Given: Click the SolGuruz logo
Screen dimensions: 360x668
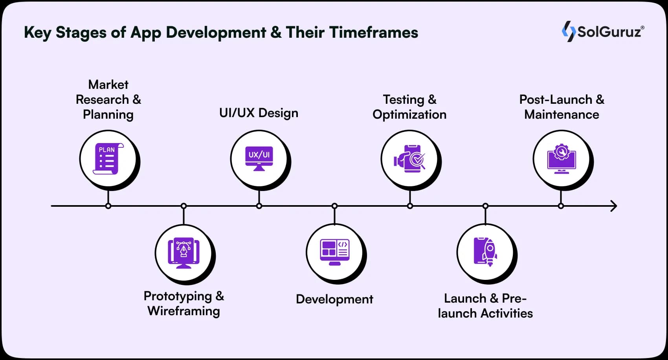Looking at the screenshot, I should (x=603, y=31).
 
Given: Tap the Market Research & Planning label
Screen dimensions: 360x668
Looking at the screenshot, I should (x=108, y=99).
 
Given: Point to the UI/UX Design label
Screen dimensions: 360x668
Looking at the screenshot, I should (x=259, y=113).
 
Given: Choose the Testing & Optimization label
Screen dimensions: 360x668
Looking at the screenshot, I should (x=409, y=107).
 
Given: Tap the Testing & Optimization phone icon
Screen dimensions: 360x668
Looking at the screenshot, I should (x=409, y=159).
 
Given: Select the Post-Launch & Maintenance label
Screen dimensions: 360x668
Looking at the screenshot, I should (x=562, y=107).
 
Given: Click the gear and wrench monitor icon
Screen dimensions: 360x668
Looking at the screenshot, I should (x=561, y=159).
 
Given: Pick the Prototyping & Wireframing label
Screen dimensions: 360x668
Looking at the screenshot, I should (x=184, y=303).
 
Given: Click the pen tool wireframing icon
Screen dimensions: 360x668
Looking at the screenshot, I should (x=184, y=253).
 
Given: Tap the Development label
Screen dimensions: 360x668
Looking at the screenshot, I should (x=334, y=299).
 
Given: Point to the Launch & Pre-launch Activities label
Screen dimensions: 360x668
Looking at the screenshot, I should (x=485, y=306).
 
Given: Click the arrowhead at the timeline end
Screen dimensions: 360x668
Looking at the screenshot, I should (x=613, y=206).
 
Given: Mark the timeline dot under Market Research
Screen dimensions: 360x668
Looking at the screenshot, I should (x=108, y=206).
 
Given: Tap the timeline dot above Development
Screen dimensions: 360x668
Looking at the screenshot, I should (x=334, y=206).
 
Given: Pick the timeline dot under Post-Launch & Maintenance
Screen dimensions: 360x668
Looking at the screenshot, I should (x=561, y=206).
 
